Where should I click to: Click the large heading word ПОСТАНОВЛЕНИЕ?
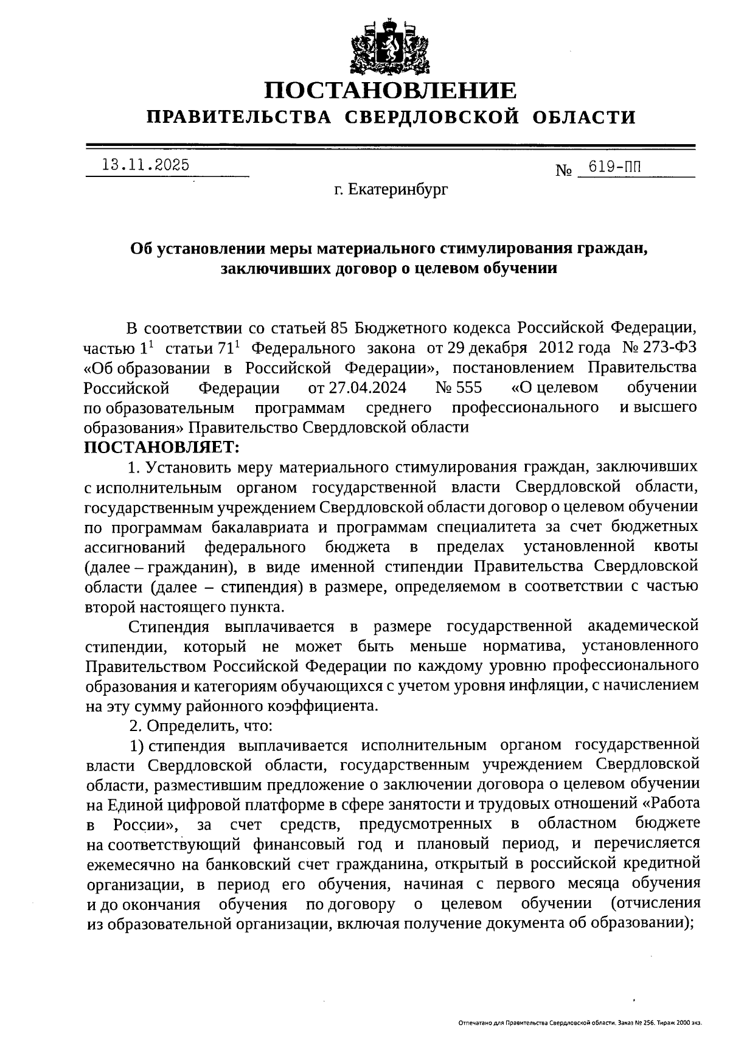coord(390,91)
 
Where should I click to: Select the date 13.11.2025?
coord(146,165)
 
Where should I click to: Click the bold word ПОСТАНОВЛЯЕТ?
coord(162,447)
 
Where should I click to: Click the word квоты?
coord(676,546)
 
